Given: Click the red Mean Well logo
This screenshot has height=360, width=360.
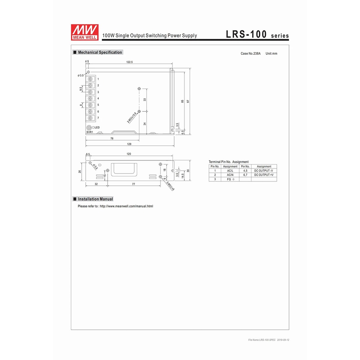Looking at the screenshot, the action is (85, 32).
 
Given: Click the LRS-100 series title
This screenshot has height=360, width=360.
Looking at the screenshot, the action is (257, 34).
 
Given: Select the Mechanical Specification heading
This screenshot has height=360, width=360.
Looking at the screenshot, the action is (98, 52).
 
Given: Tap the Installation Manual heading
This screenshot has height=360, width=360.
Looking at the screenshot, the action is (93, 199).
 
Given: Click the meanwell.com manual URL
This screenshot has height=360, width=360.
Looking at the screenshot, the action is (126, 206).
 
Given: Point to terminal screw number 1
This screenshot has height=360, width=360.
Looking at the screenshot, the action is (90, 79).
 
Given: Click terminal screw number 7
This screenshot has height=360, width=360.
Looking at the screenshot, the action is (90, 118).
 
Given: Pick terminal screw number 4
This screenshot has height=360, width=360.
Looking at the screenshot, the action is (90, 99).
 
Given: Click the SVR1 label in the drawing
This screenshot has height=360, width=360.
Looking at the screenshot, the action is (90, 132).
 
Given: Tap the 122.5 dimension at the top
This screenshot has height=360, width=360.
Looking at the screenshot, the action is (130, 62).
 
